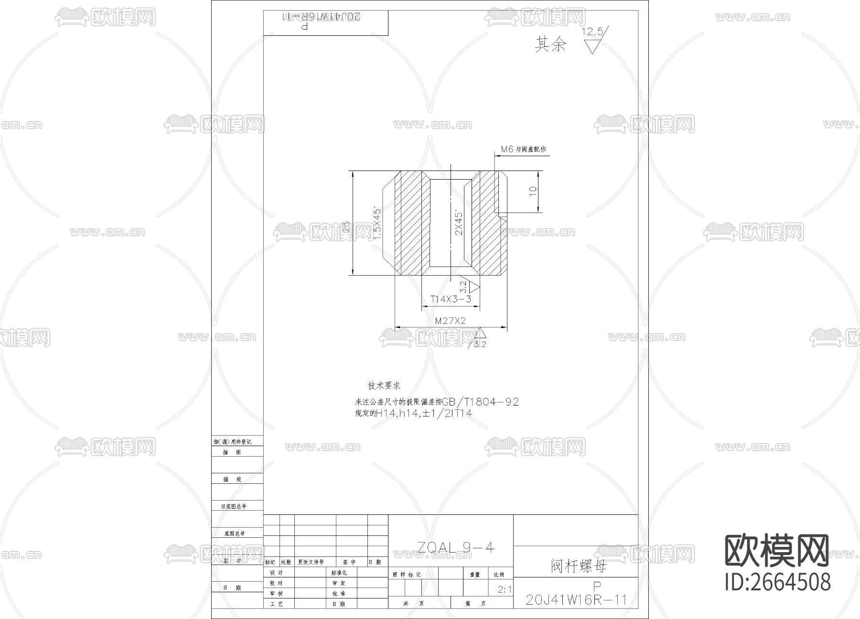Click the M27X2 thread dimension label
point(450,321)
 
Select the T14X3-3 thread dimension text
point(451,299)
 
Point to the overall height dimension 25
point(346,226)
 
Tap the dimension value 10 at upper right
point(533,191)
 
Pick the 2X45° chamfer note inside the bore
point(459,223)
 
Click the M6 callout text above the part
point(523,149)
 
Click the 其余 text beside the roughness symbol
point(550,44)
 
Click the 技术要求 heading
point(384,385)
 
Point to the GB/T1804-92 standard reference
point(480,402)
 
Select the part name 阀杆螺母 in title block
point(578,566)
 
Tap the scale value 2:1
point(504,589)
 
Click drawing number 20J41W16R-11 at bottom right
point(576,600)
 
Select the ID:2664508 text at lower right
point(778,582)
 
